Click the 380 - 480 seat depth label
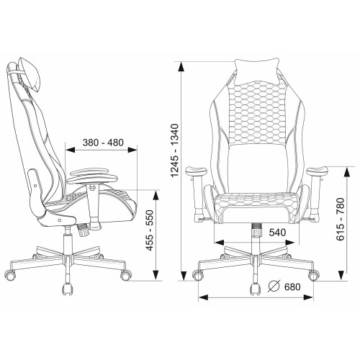coord(103,143)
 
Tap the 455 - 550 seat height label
coord(150,230)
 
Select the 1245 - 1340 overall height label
coord(175,150)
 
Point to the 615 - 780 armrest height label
coord(340,219)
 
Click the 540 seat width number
coord(277,233)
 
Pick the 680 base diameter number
coord(292,287)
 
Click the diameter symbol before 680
coord(274,287)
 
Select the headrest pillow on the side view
coord(30,75)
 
